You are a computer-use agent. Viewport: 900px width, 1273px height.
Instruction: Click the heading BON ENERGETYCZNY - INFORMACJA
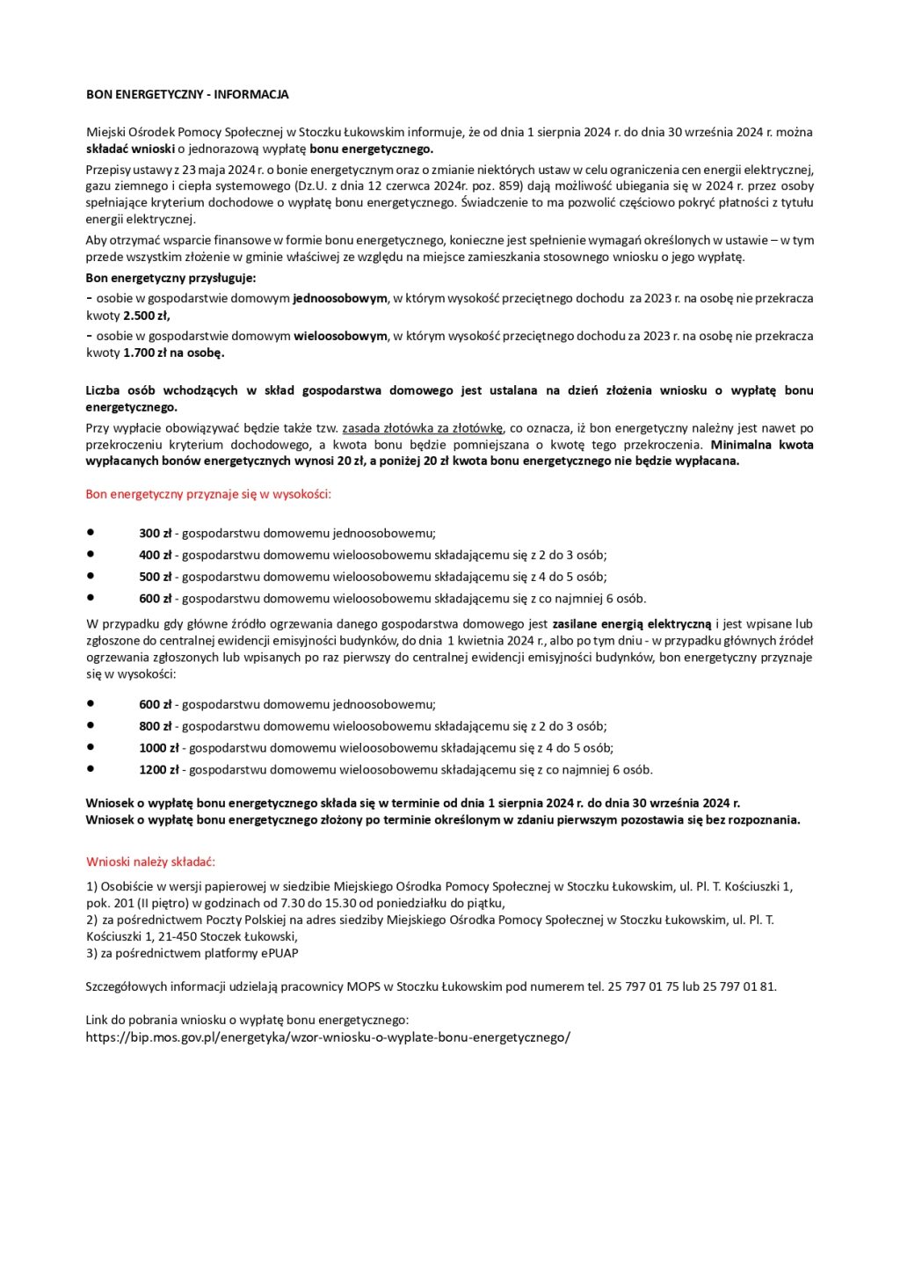(187, 94)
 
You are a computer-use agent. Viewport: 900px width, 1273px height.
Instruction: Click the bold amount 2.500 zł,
(147, 316)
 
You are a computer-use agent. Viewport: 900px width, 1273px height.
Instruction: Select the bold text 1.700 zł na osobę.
(174, 353)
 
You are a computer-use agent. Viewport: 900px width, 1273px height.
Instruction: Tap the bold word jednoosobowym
(340, 298)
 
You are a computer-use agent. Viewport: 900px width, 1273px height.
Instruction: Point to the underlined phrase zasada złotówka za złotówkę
(423, 428)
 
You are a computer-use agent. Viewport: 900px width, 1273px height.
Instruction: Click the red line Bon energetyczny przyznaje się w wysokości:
(208, 494)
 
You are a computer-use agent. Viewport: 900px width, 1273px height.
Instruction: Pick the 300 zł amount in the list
(156, 533)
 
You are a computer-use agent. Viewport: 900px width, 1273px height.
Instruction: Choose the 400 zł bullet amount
(156, 555)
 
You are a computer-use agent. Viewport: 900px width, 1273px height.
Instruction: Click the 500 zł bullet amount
(156, 577)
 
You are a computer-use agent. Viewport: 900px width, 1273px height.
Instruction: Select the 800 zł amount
(156, 726)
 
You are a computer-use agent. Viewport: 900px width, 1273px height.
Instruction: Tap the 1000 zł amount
(159, 748)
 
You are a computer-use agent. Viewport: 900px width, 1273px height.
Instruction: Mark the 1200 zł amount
(159, 769)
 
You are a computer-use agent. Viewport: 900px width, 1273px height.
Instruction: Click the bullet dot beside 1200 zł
(91, 768)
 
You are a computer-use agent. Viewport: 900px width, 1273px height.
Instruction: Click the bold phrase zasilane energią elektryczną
(631, 624)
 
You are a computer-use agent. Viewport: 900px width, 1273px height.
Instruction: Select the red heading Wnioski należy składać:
(150, 862)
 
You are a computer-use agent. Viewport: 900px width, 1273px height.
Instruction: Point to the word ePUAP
(279, 953)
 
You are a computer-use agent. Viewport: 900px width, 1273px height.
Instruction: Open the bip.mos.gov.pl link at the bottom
(328, 1037)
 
